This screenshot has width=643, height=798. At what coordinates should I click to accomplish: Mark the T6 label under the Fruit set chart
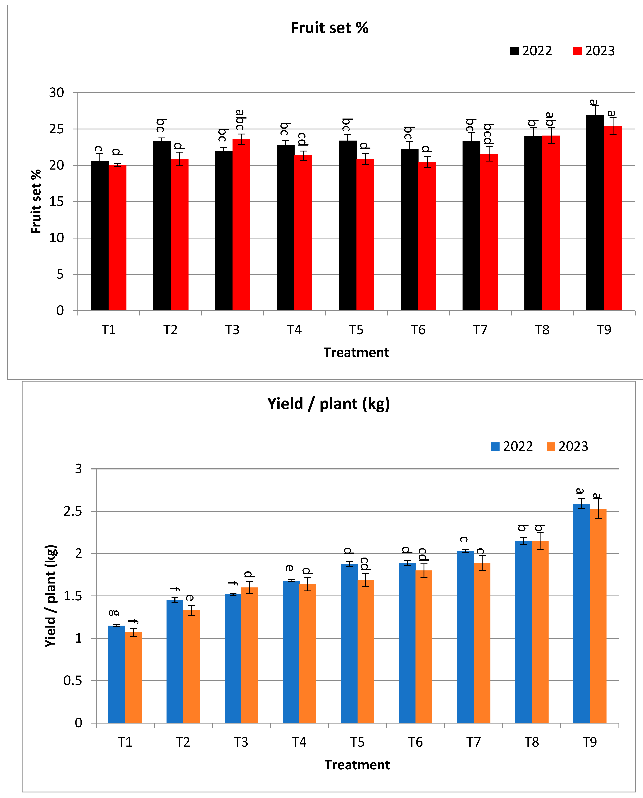pyautogui.click(x=418, y=330)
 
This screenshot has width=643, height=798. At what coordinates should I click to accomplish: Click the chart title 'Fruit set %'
pyautogui.click(x=329, y=28)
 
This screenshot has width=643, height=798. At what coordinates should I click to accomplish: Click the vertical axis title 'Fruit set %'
pyautogui.click(x=36, y=201)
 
